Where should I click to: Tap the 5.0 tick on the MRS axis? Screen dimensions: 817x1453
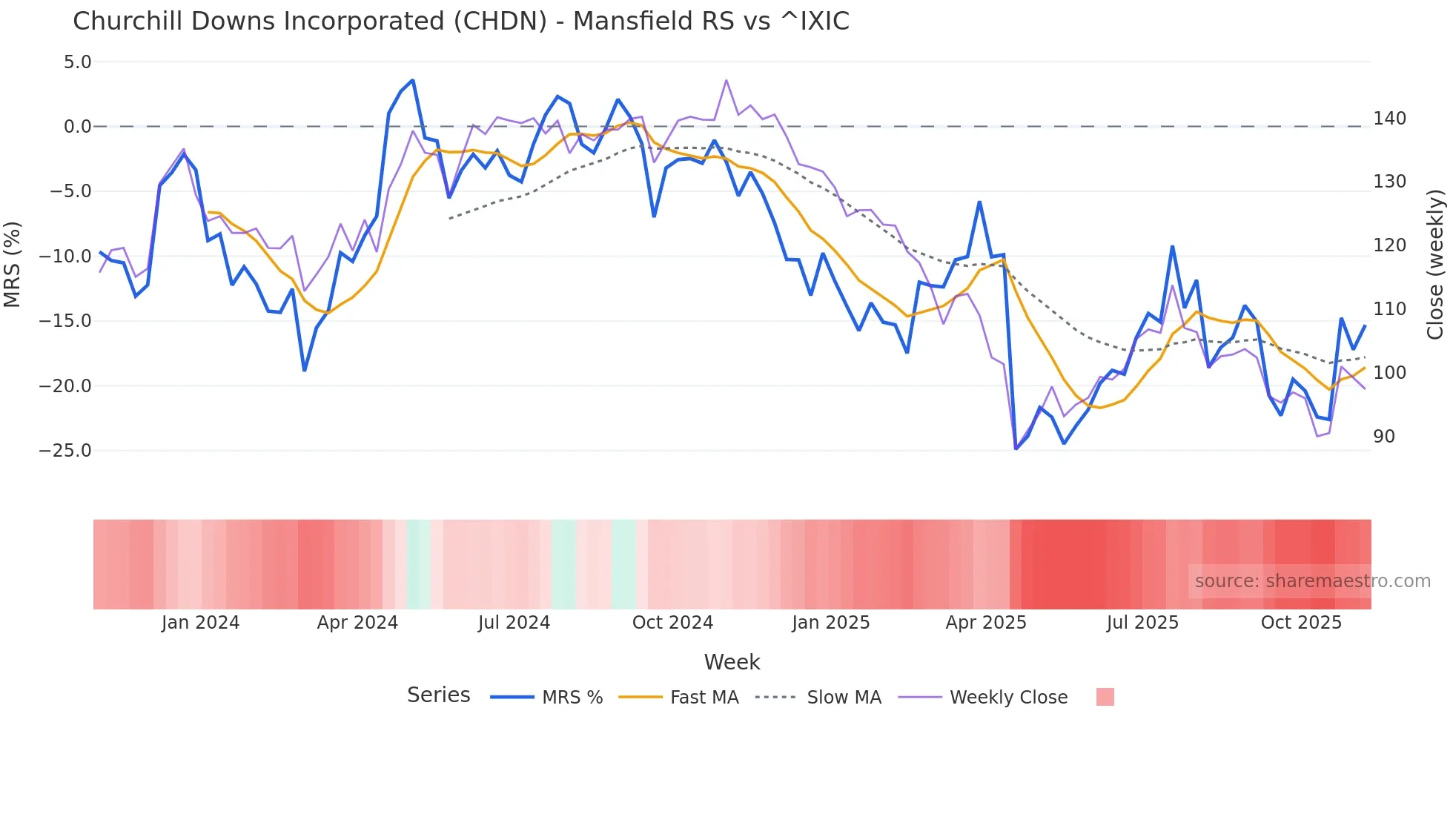click(x=77, y=62)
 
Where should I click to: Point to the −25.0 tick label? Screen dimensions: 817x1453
click(x=65, y=451)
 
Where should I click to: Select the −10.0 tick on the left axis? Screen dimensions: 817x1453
click(x=65, y=257)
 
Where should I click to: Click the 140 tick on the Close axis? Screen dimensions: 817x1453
click(x=1389, y=119)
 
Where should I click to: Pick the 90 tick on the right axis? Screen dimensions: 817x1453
click(x=1383, y=437)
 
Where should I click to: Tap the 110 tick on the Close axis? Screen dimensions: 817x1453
click(x=1389, y=309)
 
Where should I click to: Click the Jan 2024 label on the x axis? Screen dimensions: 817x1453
click(x=200, y=623)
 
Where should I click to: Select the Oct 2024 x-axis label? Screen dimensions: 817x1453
click(x=672, y=623)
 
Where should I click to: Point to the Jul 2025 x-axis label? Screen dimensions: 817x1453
click(x=1142, y=623)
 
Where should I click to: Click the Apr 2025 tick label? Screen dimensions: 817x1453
click(x=986, y=623)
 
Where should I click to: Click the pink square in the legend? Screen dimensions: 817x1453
click(x=1105, y=697)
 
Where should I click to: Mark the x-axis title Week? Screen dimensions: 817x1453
click(x=732, y=662)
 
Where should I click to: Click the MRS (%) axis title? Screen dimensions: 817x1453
click(x=13, y=264)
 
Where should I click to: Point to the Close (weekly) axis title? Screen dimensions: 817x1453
click(x=1436, y=264)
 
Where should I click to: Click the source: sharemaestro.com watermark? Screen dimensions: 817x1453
click(x=1312, y=581)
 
